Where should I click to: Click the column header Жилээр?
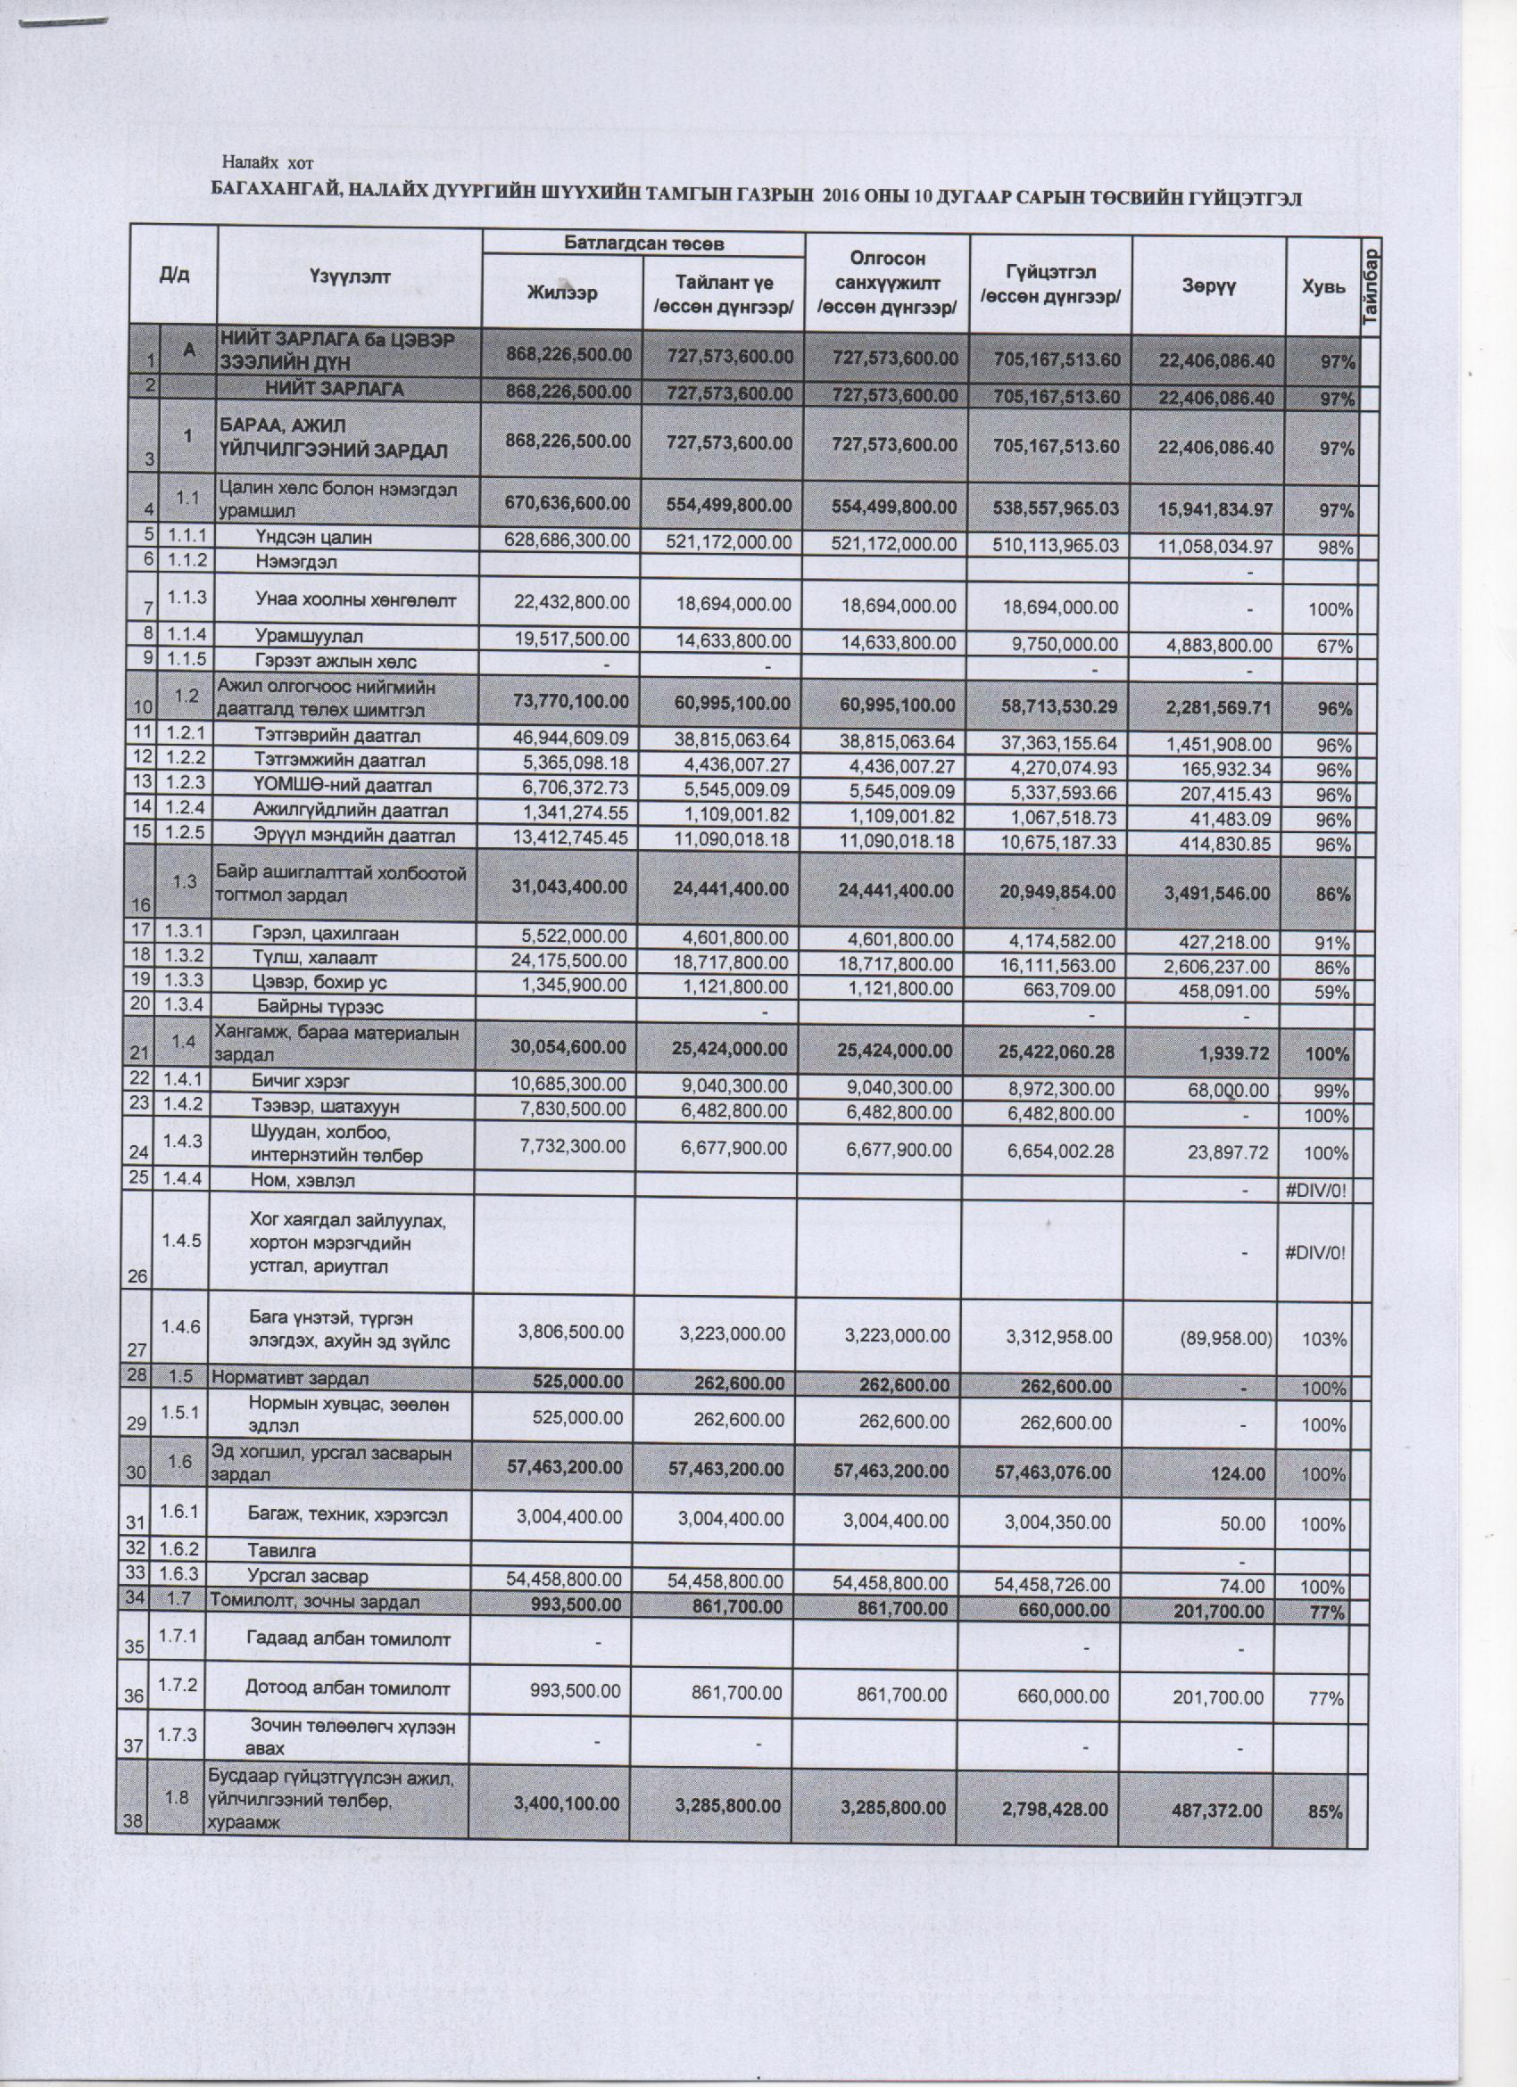(561, 293)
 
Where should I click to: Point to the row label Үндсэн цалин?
(313, 538)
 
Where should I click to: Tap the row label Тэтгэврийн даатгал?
(337, 736)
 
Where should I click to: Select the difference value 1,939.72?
(1238, 1052)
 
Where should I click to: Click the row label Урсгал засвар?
(308, 1576)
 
